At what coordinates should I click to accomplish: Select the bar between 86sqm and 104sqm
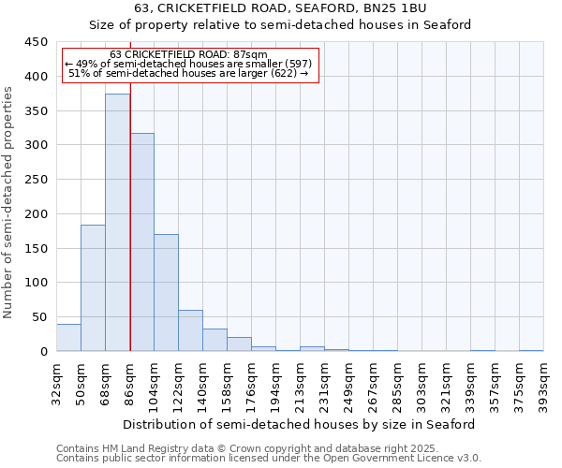pyautogui.click(x=141, y=242)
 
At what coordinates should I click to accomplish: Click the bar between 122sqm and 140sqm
pyautogui.click(x=190, y=330)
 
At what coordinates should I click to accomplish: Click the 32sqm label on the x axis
pyautogui.click(x=57, y=383)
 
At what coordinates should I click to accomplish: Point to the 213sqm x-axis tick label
pyautogui.click(x=301, y=383)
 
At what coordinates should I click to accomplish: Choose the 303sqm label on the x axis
pyautogui.click(x=422, y=383)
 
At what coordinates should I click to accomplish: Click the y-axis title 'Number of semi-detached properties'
pyautogui.click(x=9, y=202)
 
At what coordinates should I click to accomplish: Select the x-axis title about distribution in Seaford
pyautogui.click(x=300, y=424)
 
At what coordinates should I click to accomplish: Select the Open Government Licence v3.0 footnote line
pyautogui.click(x=269, y=458)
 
